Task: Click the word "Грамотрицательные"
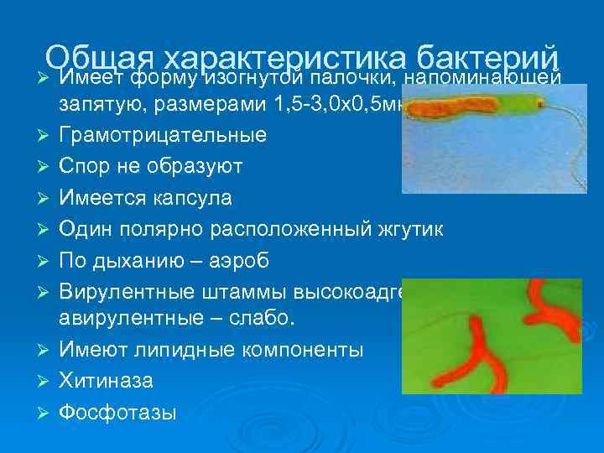(162, 134)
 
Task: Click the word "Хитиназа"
(106, 380)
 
